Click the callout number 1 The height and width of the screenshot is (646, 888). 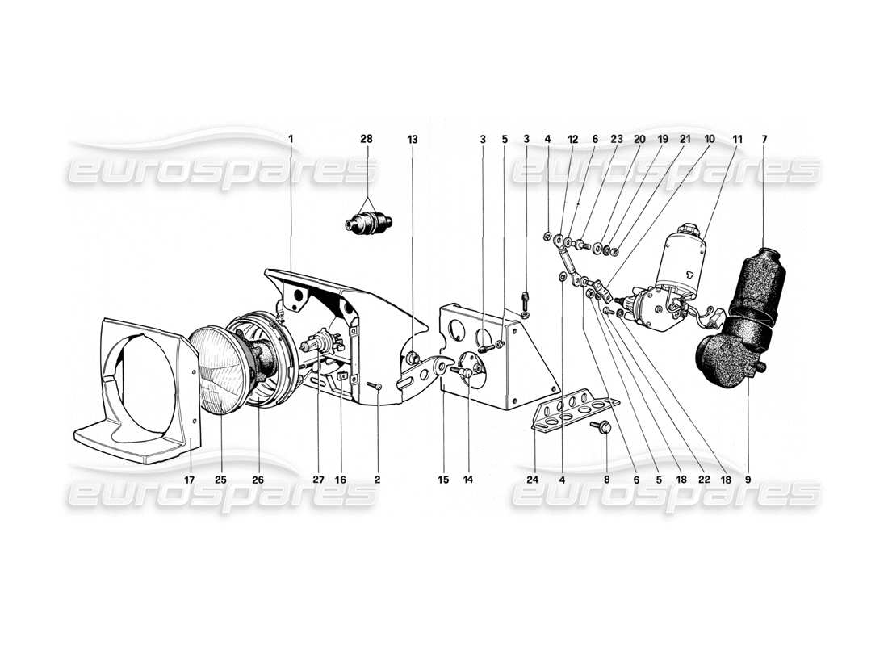click(x=291, y=139)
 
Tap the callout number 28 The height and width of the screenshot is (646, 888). click(x=367, y=139)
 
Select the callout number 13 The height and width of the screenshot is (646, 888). click(x=413, y=139)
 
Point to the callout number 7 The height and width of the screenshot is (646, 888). click(x=764, y=139)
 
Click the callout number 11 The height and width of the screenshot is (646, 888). click(x=735, y=139)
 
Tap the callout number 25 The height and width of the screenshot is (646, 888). click(x=220, y=479)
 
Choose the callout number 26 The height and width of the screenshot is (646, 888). click(x=258, y=479)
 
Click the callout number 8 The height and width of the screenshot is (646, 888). click(x=607, y=479)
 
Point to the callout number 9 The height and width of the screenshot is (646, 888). click(x=748, y=479)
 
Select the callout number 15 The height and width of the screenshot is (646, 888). click(x=443, y=479)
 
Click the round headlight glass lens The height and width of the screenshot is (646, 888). click(x=220, y=370)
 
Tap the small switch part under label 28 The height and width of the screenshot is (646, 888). click(x=367, y=222)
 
